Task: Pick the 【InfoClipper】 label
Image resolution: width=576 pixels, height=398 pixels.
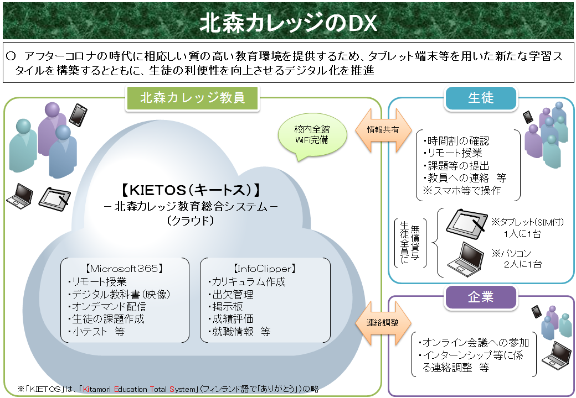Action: click(265, 269)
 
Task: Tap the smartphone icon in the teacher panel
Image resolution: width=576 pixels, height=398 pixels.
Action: click(78, 114)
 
